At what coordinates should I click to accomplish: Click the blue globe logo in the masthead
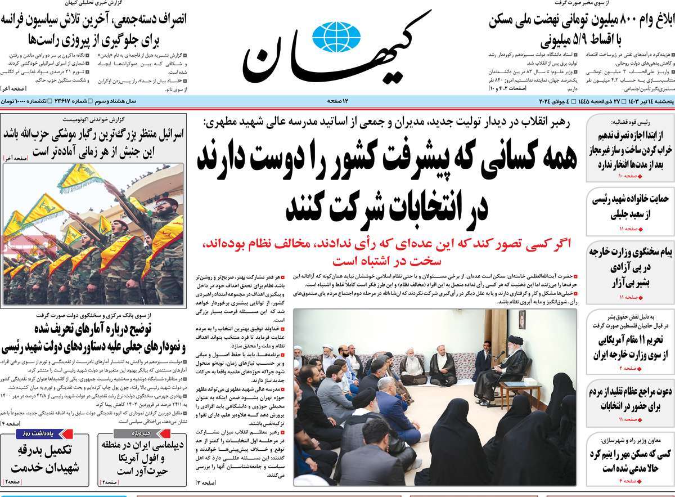[x=336, y=37]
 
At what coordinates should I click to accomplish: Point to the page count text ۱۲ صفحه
[x=338, y=101]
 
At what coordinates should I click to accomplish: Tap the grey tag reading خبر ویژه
[x=131, y=434]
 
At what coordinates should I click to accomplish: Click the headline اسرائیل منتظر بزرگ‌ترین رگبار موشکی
[x=93, y=143]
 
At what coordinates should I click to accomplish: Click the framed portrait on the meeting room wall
[x=522, y=321]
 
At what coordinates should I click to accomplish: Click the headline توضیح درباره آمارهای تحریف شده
[x=93, y=336]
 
